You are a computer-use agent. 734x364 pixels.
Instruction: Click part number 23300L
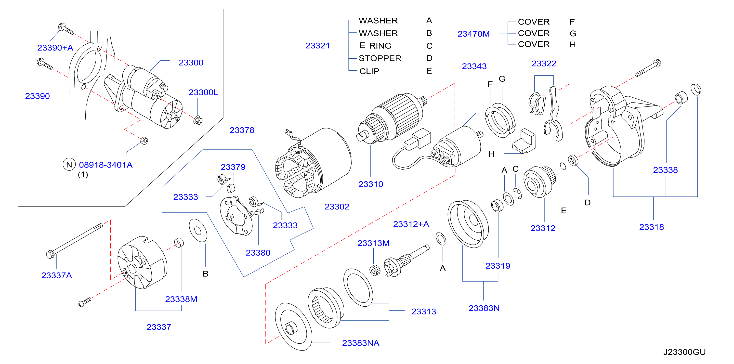tap(203, 92)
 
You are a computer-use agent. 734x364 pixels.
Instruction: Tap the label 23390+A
tap(55, 48)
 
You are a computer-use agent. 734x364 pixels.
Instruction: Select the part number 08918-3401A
tap(106, 165)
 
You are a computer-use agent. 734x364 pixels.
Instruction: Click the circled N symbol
tap(69, 164)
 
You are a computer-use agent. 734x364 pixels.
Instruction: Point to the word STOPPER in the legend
tap(380, 58)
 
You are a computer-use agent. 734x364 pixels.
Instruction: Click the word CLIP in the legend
tap(369, 71)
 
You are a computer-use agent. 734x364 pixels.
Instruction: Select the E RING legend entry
tap(375, 46)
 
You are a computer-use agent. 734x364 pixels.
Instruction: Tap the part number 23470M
tap(473, 34)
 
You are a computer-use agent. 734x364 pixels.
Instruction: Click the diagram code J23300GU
tap(684, 352)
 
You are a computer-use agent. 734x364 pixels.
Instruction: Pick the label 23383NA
tap(361, 343)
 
